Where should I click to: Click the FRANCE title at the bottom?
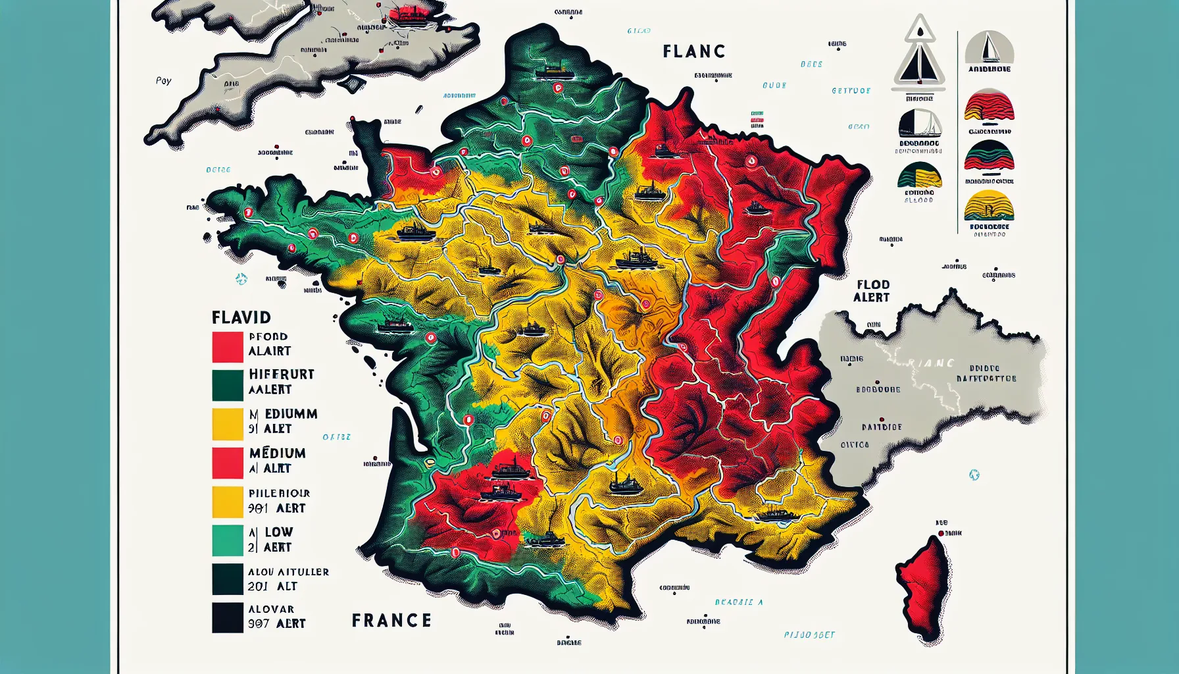(x=391, y=621)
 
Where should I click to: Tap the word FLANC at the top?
(x=694, y=51)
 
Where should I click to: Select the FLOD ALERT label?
(x=872, y=291)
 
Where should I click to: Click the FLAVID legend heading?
(x=241, y=318)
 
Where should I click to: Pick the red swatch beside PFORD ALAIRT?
(x=228, y=347)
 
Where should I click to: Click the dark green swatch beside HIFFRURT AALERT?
(x=228, y=386)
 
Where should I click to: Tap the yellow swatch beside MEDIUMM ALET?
(x=228, y=424)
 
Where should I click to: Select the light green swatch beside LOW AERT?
(x=228, y=540)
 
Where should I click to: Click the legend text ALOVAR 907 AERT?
(x=276, y=617)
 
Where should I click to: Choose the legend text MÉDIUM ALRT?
(x=277, y=460)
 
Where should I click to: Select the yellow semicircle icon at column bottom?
(x=989, y=206)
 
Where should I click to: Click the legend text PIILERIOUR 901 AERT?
(x=278, y=501)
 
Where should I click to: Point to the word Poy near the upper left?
(x=163, y=80)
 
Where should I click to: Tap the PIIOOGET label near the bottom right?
(x=809, y=635)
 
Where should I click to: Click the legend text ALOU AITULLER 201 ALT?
(x=288, y=579)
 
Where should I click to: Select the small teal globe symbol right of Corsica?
(x=974, y=475)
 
